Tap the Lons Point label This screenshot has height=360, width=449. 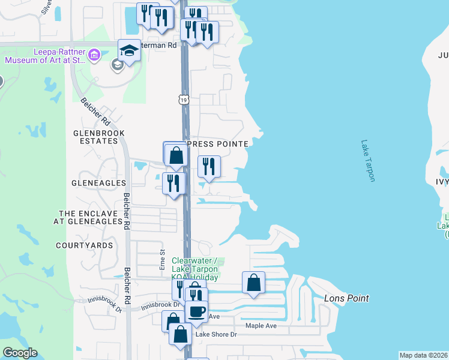(346, 298)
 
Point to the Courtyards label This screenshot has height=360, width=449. (84, 245)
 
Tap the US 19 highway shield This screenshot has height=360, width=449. (183, 99)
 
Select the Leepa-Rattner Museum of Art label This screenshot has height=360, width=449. (46, 56)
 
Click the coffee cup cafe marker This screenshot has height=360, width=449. (196, 312)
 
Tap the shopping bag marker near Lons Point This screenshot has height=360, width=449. (253, 283)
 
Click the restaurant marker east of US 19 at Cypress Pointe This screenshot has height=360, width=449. (209, 167)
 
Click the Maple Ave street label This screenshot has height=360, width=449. (261, 326)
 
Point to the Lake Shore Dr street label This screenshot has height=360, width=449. (216, 334)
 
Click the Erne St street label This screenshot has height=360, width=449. (161, 260)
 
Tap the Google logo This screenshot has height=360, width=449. (20, 353)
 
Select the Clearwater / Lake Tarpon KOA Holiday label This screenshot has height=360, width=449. (194, 268)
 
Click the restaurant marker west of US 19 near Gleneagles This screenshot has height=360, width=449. (173, 184)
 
